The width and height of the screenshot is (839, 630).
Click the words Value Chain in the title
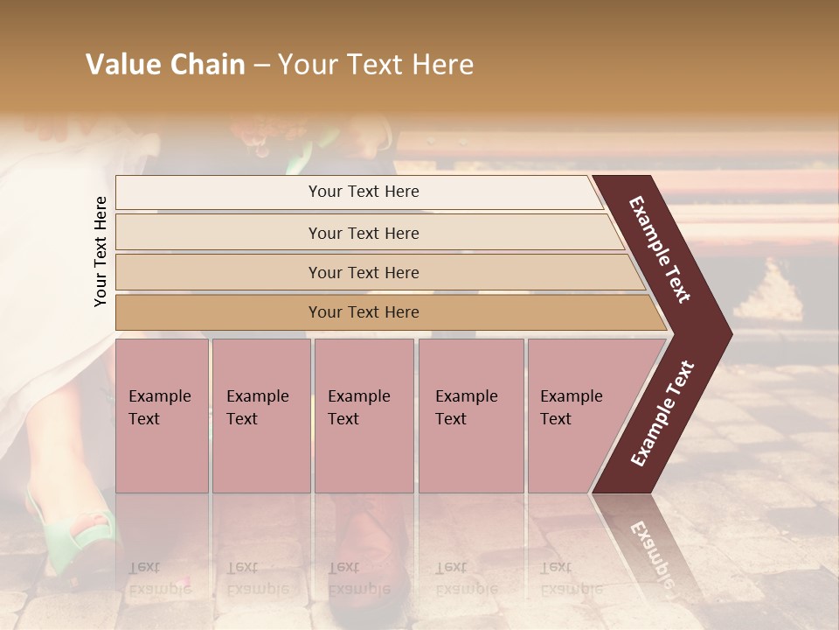(x=165, y=65)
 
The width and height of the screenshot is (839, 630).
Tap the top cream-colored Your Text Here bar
(x=363, y=192)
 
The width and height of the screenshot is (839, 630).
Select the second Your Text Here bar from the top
(x=363, y=233)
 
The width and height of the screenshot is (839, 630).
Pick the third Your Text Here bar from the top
(x=363, y=272)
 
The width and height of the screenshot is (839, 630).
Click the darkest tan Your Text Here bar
(x=363, y=312)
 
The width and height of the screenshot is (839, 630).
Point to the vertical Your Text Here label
(x=101, y=251)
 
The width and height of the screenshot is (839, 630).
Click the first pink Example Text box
(x=162, y=415)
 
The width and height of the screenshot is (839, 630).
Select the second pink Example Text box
(x=260, y=415)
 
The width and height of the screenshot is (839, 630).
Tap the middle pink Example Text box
(x=364, y=415)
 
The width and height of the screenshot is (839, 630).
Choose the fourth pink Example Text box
(x=471, y=415)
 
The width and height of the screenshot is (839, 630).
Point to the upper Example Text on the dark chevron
(x=660, y=249)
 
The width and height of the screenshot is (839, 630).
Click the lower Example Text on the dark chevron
(x=662, y=413)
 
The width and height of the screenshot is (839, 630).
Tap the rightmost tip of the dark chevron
(x=730, y=333)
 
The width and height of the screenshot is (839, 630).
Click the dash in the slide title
(x=261, y=65)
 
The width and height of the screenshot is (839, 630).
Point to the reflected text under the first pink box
(x=159, y=577)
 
